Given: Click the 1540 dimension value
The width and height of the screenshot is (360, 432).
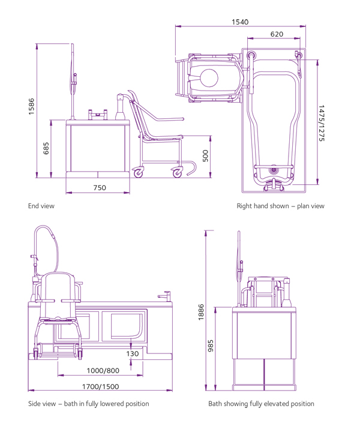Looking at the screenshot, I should click(x=240, y=22).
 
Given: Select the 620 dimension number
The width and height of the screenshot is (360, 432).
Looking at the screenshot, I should click(x=277, y=34).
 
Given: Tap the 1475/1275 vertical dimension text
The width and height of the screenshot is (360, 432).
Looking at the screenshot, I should click(x=322, y=124).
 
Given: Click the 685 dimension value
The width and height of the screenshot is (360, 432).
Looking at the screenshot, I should click(x=46, y=148).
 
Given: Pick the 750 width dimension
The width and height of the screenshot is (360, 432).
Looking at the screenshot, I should click(x=100, y=188).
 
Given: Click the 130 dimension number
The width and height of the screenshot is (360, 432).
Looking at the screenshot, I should click(x=133, y=354).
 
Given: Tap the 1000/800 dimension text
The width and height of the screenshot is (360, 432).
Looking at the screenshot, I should click(x=102, y=371).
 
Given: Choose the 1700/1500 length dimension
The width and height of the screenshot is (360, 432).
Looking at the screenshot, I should click(x=100, y=386).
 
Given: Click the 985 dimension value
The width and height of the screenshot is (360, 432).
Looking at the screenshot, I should click(x=211, y=346).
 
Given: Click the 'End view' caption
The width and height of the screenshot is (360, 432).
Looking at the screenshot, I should click(x=41, y=206).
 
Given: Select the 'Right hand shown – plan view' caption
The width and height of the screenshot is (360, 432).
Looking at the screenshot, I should click(x=280, y=206).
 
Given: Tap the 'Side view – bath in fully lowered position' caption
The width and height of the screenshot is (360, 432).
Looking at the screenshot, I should click(x=89, y=404).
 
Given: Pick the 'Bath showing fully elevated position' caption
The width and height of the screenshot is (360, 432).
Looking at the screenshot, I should click(x=261, y=404).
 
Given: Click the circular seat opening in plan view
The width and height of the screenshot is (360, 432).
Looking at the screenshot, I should click(x=209, y=78).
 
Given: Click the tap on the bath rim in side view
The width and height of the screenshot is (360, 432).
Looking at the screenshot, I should click(x=163, y=295).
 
